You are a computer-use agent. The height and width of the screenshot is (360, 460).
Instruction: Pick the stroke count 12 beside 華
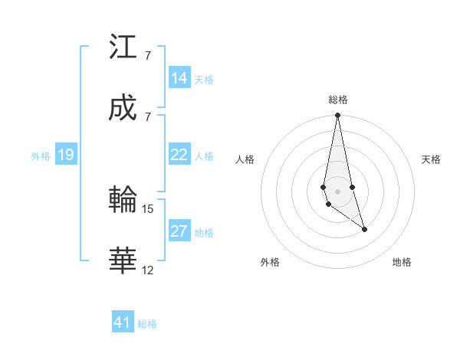tap(148, 270)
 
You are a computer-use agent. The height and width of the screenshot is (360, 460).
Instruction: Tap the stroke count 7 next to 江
tap(147, 56)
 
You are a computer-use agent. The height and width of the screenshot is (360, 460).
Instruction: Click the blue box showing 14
tap(179, 78)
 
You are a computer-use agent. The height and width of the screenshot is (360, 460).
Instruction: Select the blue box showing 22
tap(179, 155)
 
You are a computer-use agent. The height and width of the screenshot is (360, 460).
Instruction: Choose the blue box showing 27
tap(179, 231)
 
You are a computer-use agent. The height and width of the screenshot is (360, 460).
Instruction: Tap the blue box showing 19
tap(66, 155)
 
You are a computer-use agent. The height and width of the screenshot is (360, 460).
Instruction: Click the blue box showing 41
tap(123, 322)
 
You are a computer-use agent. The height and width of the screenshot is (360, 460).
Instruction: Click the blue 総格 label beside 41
tap(147, 324)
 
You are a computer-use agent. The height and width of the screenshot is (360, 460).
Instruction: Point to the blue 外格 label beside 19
tap(41, 156)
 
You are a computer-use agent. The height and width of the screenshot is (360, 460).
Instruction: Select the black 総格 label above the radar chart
tap(337, 100)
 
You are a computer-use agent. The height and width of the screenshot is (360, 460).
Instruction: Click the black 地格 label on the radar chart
tap(402, 262)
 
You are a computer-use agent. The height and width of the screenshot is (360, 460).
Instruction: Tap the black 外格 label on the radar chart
tap(270, 262)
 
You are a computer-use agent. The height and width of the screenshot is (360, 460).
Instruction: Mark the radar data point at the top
tap(337, 116)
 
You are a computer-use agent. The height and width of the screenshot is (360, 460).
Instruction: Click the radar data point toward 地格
tap(364, 229)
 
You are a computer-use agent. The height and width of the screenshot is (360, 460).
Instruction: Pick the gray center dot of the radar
tap(337, 191)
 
